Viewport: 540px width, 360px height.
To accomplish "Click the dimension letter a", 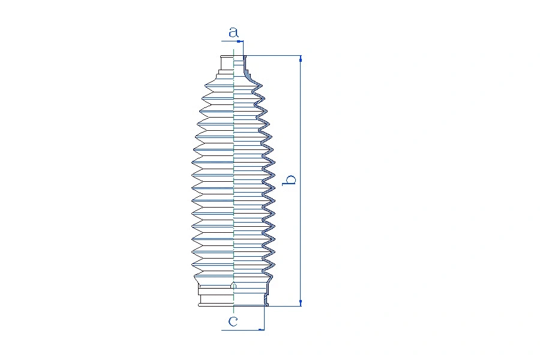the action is pos(233,32).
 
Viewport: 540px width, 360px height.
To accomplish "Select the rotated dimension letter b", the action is pos(289,180).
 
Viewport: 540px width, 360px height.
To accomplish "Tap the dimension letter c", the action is pos(233,321).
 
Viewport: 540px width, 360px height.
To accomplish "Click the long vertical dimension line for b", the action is pos(301,181).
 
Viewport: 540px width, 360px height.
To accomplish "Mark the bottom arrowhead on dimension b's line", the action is pos(301,303).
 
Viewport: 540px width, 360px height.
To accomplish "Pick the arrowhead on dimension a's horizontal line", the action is pos(239,41).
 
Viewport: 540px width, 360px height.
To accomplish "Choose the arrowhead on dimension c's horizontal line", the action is pos(261,329).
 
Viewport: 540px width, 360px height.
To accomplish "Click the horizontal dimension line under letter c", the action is pos(243,330).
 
